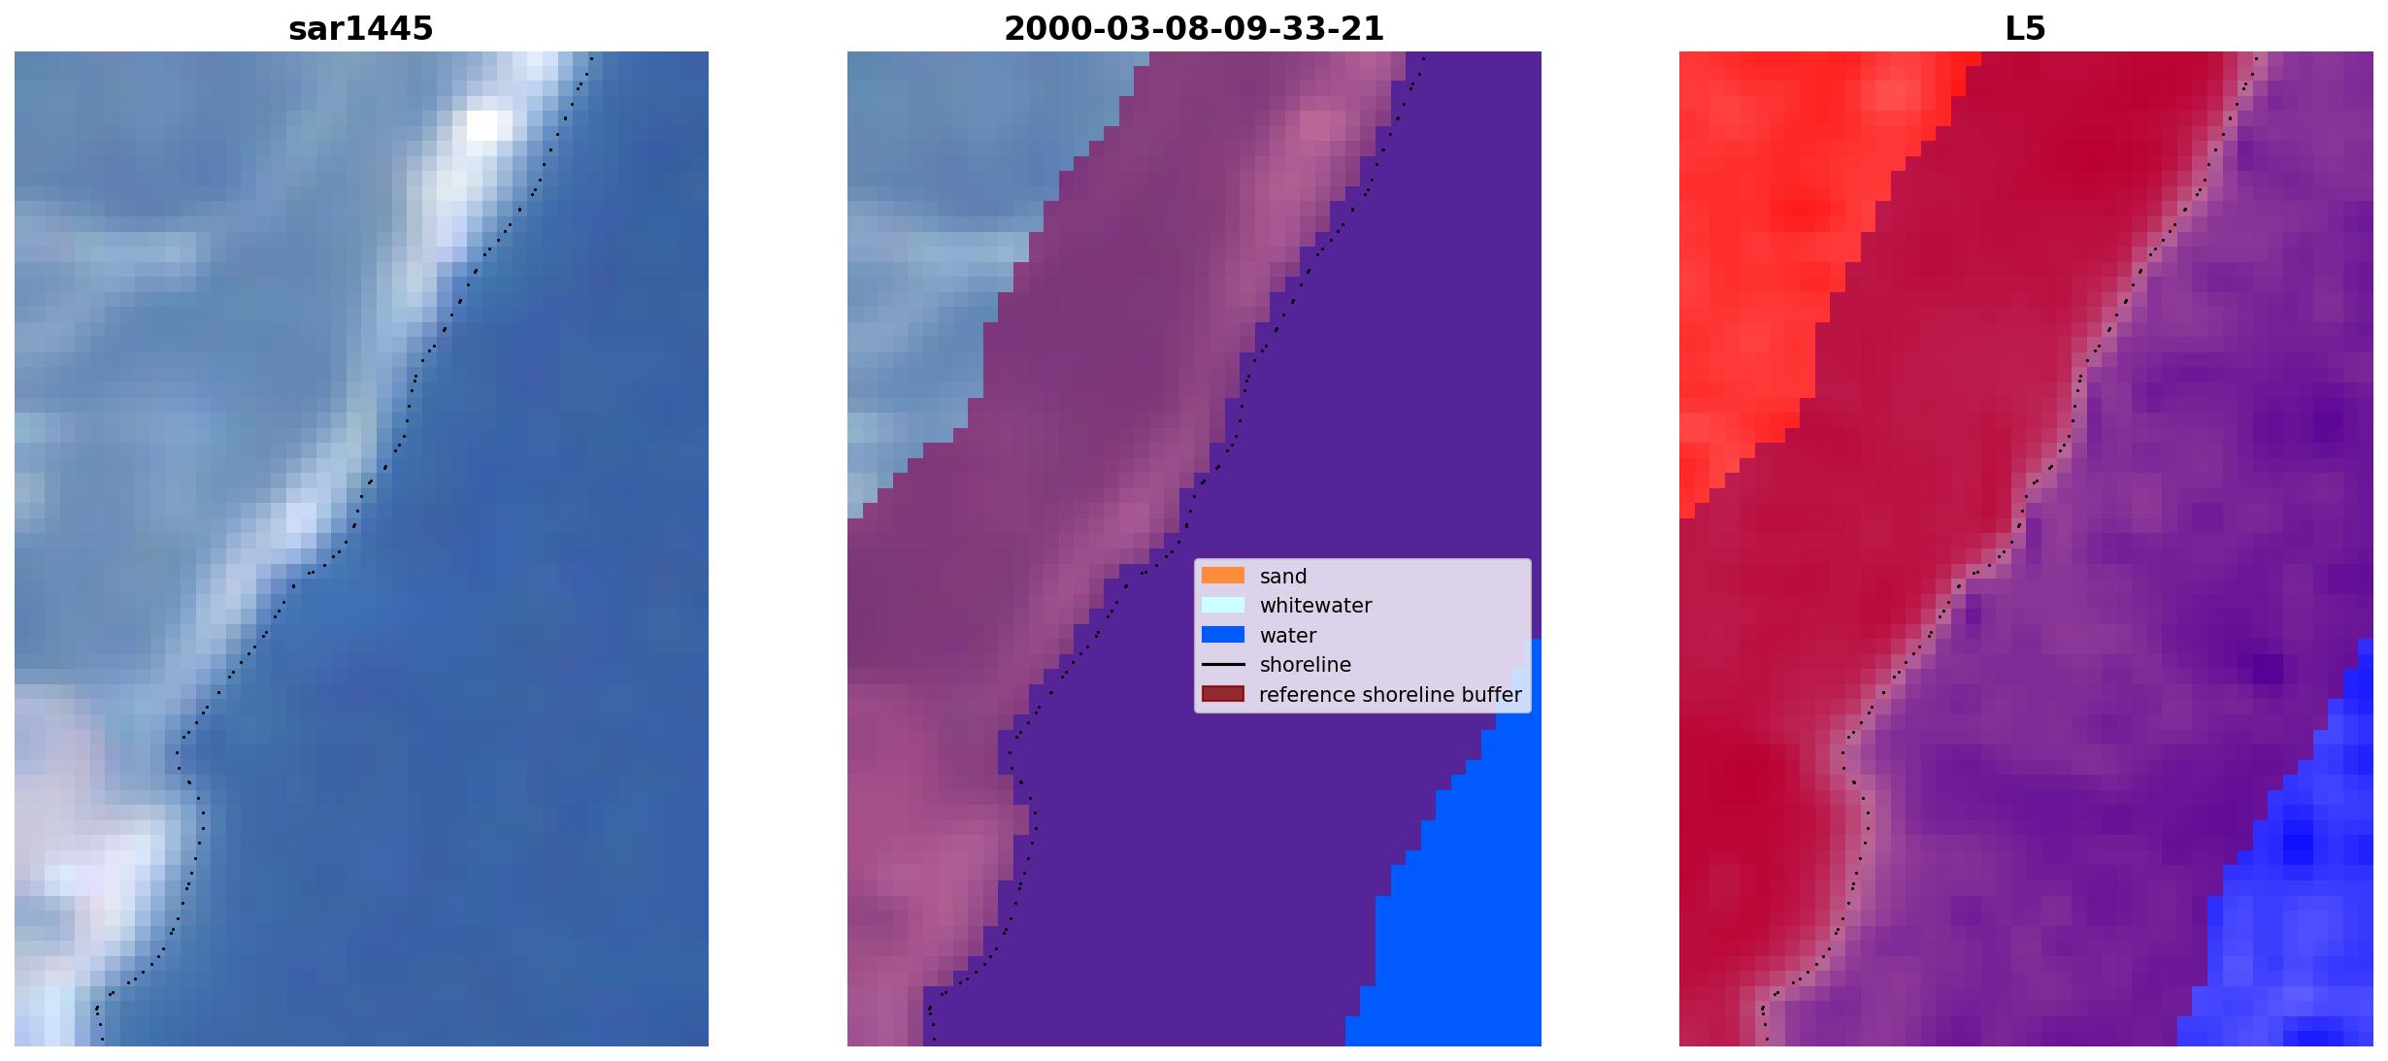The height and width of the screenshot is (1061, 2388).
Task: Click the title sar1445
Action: point(360,28)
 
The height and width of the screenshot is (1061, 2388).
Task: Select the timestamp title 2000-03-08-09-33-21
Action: point(1193,28)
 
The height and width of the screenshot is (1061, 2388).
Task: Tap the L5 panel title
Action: point(2025,28)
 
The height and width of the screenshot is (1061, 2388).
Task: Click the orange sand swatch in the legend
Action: point(1223,576)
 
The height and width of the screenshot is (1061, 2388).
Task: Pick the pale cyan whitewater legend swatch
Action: point(1223,605)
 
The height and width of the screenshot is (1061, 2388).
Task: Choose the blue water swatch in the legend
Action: point(1223,635)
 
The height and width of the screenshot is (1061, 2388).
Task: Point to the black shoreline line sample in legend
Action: point(1223,665)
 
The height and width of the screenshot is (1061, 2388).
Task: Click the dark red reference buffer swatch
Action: point(1223,694)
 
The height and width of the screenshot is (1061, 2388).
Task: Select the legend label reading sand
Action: point(1283,577)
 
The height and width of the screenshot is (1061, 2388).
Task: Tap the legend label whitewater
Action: point(1315,606)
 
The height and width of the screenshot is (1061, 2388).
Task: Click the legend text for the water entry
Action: point(1288,636)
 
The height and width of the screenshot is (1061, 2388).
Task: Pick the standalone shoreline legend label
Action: point(1306,665)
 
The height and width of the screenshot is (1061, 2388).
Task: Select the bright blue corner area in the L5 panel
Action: point(2301,922)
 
